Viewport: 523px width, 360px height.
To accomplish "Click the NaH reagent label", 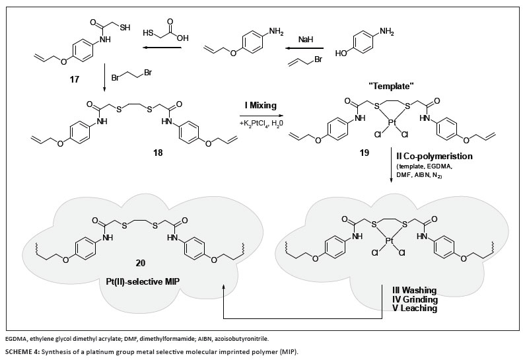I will (x=304, y=40).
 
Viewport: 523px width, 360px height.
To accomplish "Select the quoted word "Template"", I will (x=394, y=87).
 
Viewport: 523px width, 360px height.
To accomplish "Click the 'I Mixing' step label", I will (x=258, y=106).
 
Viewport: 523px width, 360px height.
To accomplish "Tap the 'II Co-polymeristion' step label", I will (x=431, y=157).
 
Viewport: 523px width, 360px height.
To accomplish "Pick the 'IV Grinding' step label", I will (x=411, y=299).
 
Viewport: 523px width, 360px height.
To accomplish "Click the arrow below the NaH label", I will (x=305, y=48).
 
